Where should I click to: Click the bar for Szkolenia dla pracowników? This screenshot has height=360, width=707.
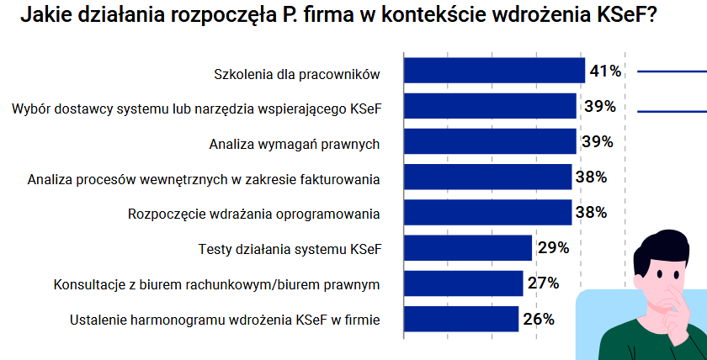click(494, 71)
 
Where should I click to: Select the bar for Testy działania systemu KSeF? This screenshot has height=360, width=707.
click(468, 248)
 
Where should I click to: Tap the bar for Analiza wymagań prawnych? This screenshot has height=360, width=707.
click(490, 142)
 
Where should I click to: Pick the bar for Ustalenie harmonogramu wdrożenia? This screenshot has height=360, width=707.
click(461, 319)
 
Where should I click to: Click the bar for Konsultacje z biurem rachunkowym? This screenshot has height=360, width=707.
click(464, 283)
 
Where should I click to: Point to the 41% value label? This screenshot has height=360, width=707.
click(605, 71)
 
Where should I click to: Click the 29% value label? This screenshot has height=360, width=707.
click(553, 248)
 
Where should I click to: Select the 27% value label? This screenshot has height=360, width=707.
click(544, 283)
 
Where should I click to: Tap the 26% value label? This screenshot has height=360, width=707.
click(538, 319)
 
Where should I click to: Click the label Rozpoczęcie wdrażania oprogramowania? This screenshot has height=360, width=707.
click(254, 214)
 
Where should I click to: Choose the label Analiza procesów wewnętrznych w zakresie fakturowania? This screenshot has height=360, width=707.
click(204, 178)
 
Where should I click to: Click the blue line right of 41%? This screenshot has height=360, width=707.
click(672, 72)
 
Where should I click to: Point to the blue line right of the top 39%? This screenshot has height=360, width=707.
click(672, 109)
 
